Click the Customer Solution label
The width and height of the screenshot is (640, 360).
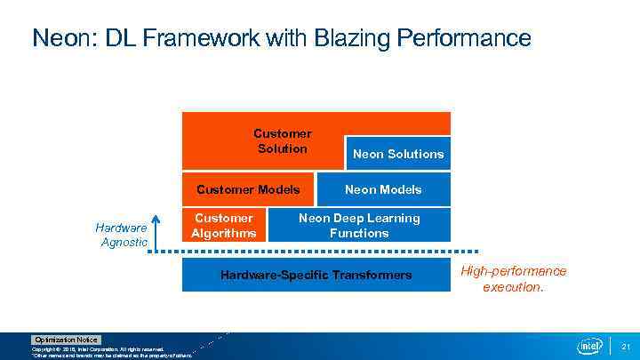(x=282, y=141)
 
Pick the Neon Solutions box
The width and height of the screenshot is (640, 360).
(x=397, y=154)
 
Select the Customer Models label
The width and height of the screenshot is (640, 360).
(x=248, y=189)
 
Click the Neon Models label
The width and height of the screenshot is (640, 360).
(x=383, y=189)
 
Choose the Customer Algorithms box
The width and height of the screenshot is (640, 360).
(x=224, y=226)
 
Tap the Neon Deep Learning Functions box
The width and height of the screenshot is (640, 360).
(x=359, y=226)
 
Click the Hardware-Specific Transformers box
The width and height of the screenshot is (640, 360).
(x=316, y=275)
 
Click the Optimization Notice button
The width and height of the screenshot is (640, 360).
(x=67, y=340)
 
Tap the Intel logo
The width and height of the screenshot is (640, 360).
(x=589, y=346)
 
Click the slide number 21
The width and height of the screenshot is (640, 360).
(x=625, y=347)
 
